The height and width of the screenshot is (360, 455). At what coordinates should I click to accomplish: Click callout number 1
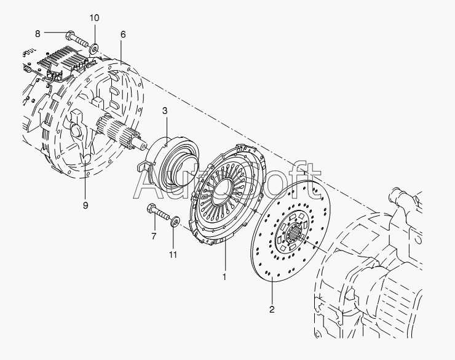pyautogui.click(x=224, y=276)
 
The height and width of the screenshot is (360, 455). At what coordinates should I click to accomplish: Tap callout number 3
pyautogui.click(x=165, y=111)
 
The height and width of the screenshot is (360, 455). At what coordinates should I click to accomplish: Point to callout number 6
pyautogui.click(x=123, y=34)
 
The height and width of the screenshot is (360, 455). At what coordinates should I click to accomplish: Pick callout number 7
pyautogui.click(x=154, y=235)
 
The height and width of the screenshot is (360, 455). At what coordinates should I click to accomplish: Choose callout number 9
pyautogui.click(x=85, y=205)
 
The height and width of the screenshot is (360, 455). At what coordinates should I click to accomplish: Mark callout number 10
pyautogui.click(x=94, y=18)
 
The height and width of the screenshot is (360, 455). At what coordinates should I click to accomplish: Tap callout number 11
pyautogui.click(x=173, y=254)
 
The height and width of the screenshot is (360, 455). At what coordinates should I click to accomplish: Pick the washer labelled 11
pyautogui.click(x=175, y=220)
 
